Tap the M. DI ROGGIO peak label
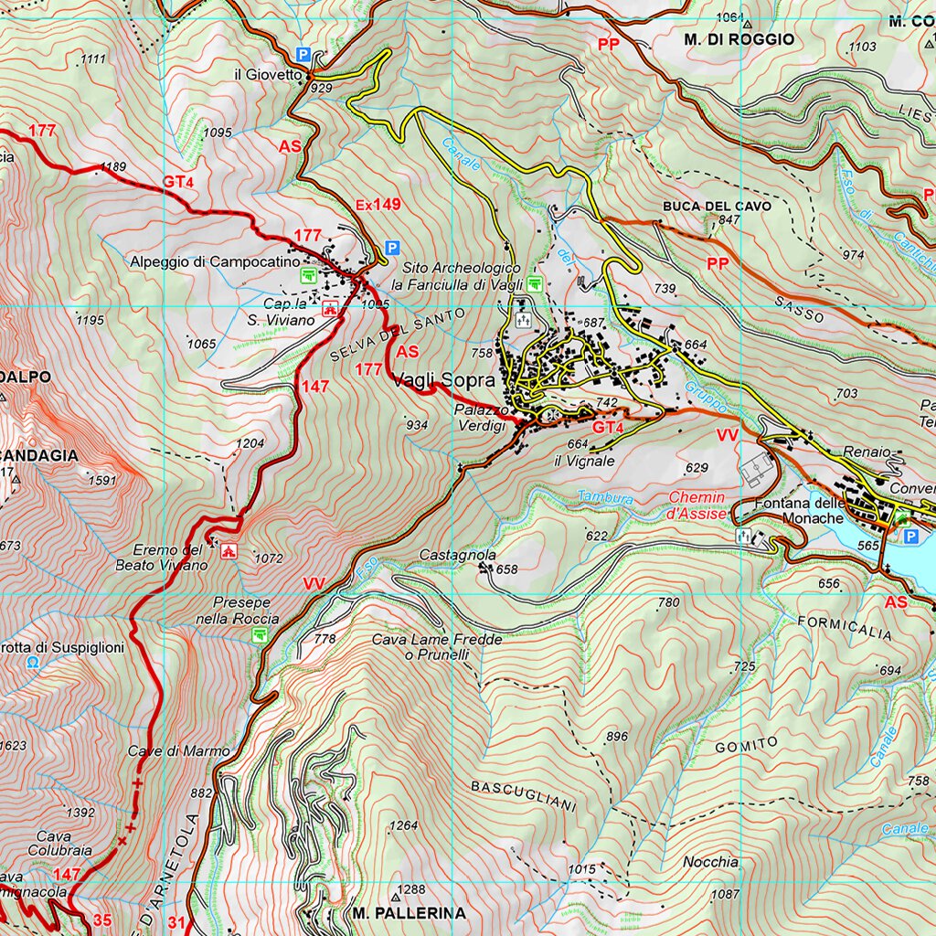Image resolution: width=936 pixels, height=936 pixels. (x=739, y=39)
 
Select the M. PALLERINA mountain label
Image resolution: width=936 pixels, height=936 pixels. (x=409, y=912)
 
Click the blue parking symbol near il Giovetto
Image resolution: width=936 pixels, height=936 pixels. (x=303, y=55)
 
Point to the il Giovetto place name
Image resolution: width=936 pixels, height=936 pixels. (x=267, y=75)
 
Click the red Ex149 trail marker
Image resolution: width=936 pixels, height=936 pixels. (x=378, y=205)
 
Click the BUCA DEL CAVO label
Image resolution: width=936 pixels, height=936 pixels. (x=717, y=207)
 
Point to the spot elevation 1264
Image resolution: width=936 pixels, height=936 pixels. (x=403, y=826)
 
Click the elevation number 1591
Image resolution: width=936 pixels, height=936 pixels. (x=102, y=480)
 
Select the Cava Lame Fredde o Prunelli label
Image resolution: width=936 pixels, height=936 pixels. (x=436, y=647)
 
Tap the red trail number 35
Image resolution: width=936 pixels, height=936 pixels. (x=102, y=920)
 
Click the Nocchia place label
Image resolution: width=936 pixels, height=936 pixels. (x=710, y=862)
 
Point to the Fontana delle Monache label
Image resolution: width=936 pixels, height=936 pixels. (x=799, y=511)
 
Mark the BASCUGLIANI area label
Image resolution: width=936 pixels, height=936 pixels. (x=524, y=795)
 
